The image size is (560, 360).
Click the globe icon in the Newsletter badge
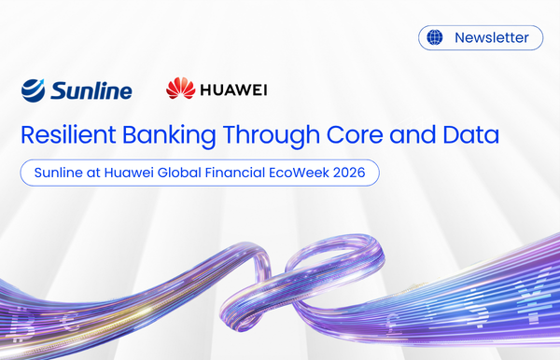[434, 38]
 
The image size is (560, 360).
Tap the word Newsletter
[491, 38]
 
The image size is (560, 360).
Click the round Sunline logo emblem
[35, 90]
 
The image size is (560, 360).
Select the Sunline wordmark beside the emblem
[91, 90]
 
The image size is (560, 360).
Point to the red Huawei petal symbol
[180, 90]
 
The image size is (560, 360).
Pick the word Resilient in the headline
[66, 134]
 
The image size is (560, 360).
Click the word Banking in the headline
[173, 134]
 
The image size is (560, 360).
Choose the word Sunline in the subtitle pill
[59, 173]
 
